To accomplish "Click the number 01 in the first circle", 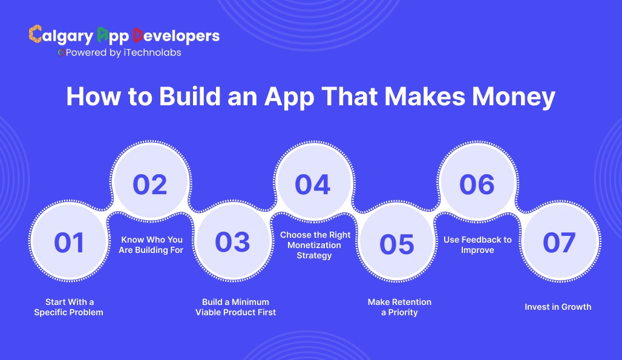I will click(69, 243).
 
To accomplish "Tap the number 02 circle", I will click(150, 184).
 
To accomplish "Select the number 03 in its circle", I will click(232, 242).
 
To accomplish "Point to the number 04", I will click(313, 185).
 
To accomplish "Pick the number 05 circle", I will click(397, 244).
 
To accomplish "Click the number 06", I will click(477, 185).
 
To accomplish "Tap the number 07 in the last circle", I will click(558, 243).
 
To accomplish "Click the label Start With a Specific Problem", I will click(69, 307).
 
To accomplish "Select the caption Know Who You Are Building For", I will click(151, 244).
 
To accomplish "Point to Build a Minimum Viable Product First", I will click(235, 307).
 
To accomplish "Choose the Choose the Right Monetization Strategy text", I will click(315, 245).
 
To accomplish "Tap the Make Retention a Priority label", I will click(399, 307).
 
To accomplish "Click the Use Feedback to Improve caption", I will click(477, 244).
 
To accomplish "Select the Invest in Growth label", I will click(558, 307).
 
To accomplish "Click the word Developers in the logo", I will click(175, 36).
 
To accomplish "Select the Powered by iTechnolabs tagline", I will click(120, 53).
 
